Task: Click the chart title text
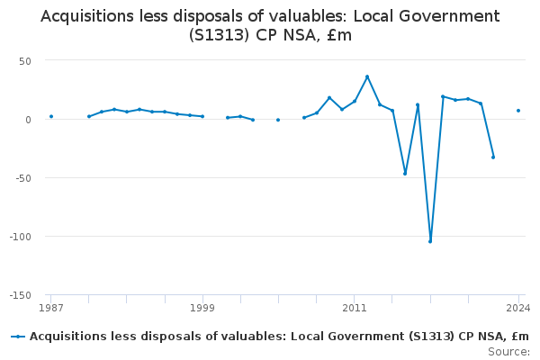[270, 26]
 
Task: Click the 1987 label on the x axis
[51, 309]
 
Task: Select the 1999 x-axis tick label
[202, 309]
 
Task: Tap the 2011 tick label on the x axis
[355, 309]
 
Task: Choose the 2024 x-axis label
[518, 309]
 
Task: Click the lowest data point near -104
[430, 241]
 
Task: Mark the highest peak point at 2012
[367, 76]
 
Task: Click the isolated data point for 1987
[51, 116]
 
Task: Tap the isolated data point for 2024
[518, 111]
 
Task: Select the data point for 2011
[355, 101]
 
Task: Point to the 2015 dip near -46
[405, 173]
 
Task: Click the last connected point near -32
[493, 157]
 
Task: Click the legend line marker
[18, 337]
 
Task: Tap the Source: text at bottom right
[510, 351]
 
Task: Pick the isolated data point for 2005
[278, 120]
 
